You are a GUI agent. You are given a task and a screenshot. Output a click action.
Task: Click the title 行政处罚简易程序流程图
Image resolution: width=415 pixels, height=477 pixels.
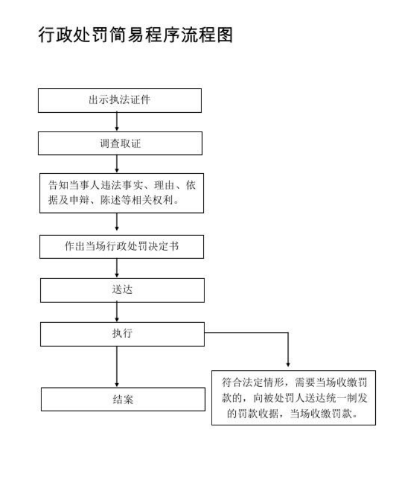click(136, 34)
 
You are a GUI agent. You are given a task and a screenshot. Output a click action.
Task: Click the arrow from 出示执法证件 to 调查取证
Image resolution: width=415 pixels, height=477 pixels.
click(117, 122)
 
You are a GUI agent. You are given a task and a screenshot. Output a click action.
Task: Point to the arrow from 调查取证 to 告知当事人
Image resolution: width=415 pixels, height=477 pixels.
click(117, 164)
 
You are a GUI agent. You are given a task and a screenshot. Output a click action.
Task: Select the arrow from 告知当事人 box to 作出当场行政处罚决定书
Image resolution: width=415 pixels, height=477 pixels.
click(117, 222)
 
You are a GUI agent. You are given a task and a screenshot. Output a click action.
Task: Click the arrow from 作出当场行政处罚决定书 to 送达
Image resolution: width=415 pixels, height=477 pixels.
click(117, 268)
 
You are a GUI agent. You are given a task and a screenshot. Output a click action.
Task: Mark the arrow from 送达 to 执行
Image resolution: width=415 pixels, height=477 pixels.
click(117, 311)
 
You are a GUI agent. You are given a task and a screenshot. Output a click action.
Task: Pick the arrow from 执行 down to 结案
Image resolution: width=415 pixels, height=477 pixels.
click(117, 367)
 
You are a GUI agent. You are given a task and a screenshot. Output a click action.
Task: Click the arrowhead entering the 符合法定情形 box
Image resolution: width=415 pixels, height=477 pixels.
click(288, 364)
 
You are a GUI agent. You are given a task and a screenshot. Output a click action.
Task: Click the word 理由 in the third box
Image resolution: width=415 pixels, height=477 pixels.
click(164, 185)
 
